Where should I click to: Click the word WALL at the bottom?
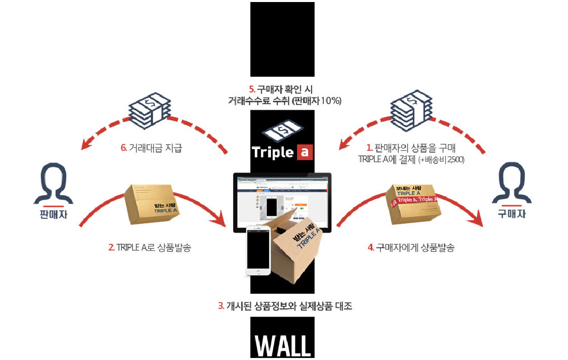click(282, 345)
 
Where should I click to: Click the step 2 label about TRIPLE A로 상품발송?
click(150, 248)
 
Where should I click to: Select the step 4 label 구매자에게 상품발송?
click(411, 248)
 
